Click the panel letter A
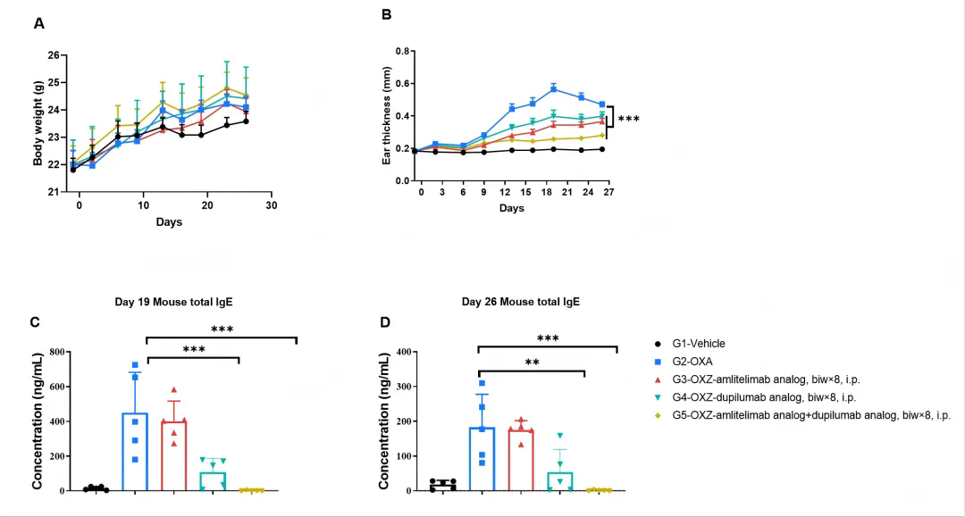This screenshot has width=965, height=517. (x=39, y=24)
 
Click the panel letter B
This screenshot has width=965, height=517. (x=387, y=15)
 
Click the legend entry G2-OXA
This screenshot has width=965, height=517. (x=694, y=362)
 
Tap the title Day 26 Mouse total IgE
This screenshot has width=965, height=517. (x=521, y=302)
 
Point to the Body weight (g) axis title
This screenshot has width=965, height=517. (x=38, y=123)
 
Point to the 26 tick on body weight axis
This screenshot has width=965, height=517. (x=54, y=55)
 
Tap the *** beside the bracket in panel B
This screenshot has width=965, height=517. (x=629, y=119)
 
